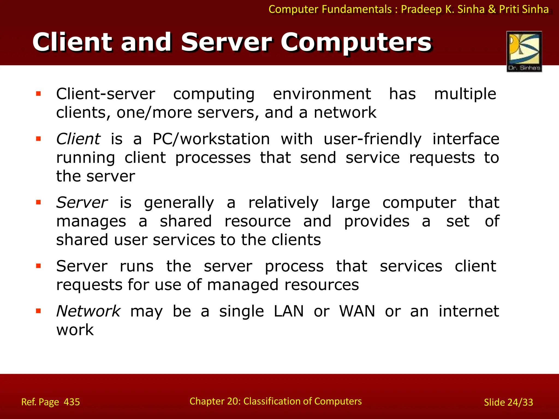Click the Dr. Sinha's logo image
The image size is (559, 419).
(524, 51)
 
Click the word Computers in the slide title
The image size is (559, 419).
(356, 42)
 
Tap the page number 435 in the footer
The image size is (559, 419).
(72, 402)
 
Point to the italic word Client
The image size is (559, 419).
(78, 139)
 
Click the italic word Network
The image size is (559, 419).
(88, 311)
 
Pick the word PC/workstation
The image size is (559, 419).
(211, 139)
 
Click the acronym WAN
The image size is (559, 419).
(357, 311)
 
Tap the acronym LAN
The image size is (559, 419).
(289, 311)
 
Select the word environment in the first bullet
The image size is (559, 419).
(322, 94)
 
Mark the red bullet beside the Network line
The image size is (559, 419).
(38, 311)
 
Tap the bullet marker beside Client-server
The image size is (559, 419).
(38, 94)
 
